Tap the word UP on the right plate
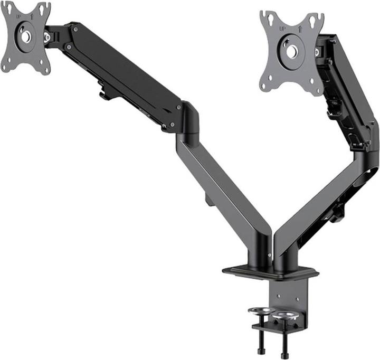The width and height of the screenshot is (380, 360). (283, 28)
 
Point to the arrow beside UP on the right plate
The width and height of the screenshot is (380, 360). (298, 29)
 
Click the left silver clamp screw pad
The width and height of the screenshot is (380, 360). (262, 311)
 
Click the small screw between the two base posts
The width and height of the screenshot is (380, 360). (269, 256)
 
